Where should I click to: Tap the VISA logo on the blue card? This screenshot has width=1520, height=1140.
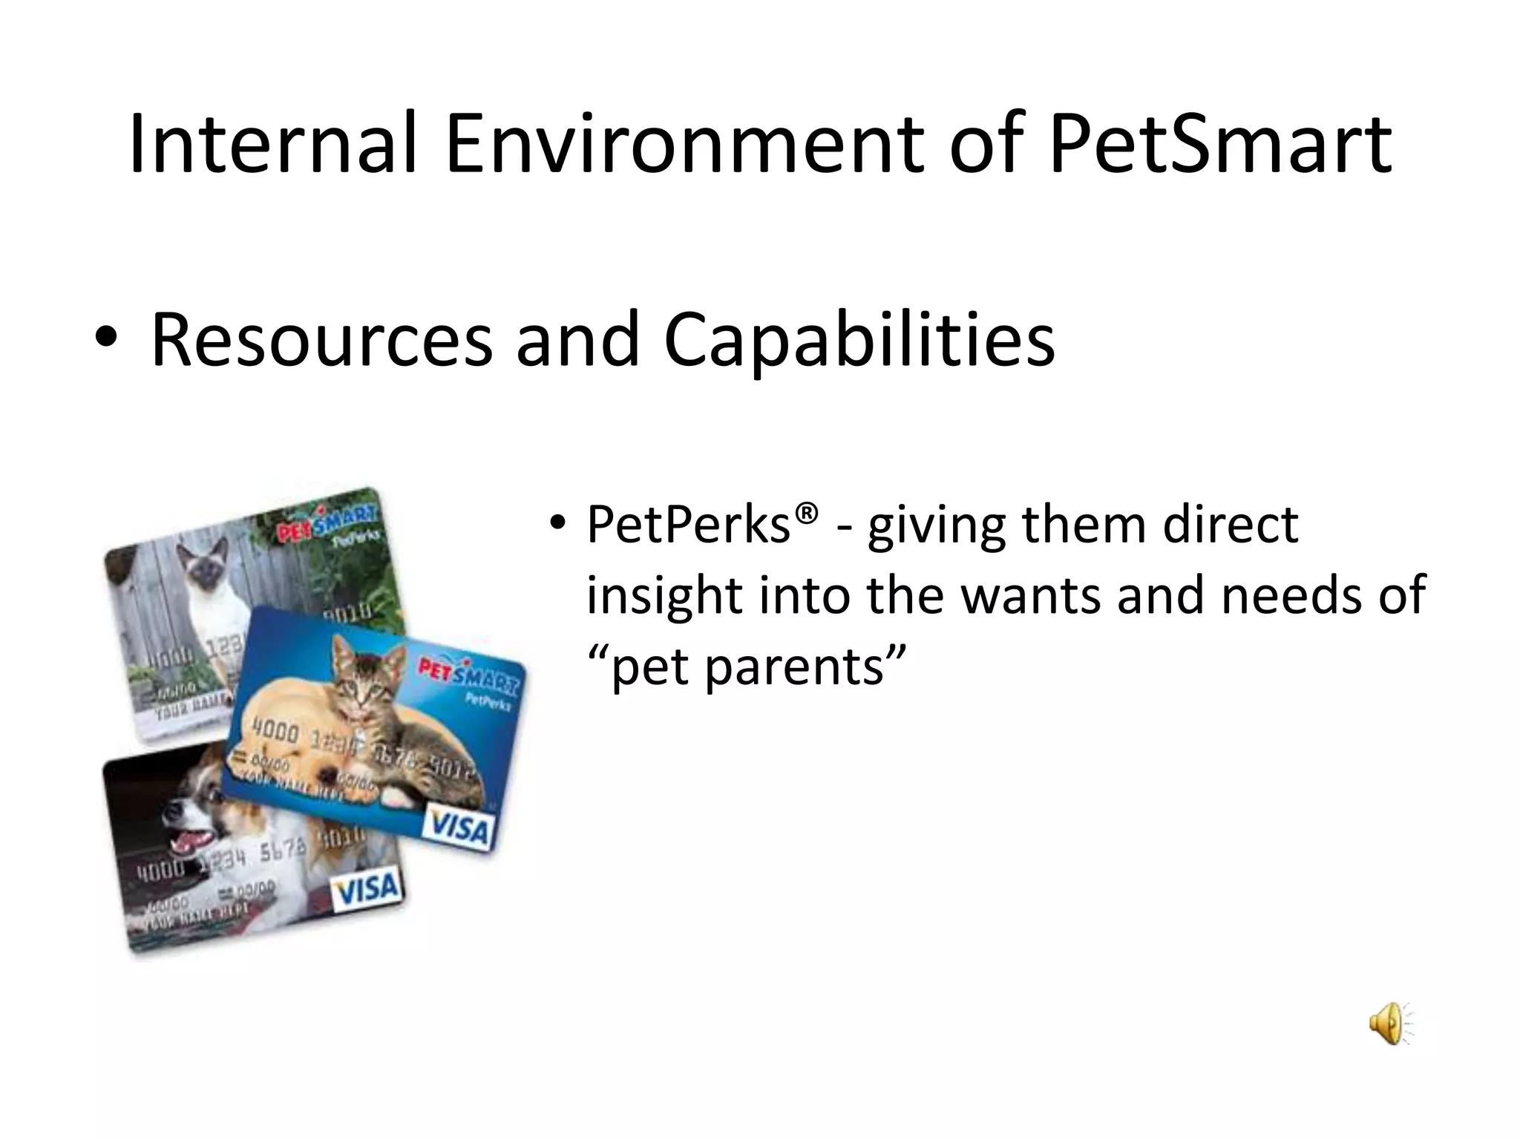[x=459, y=828]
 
